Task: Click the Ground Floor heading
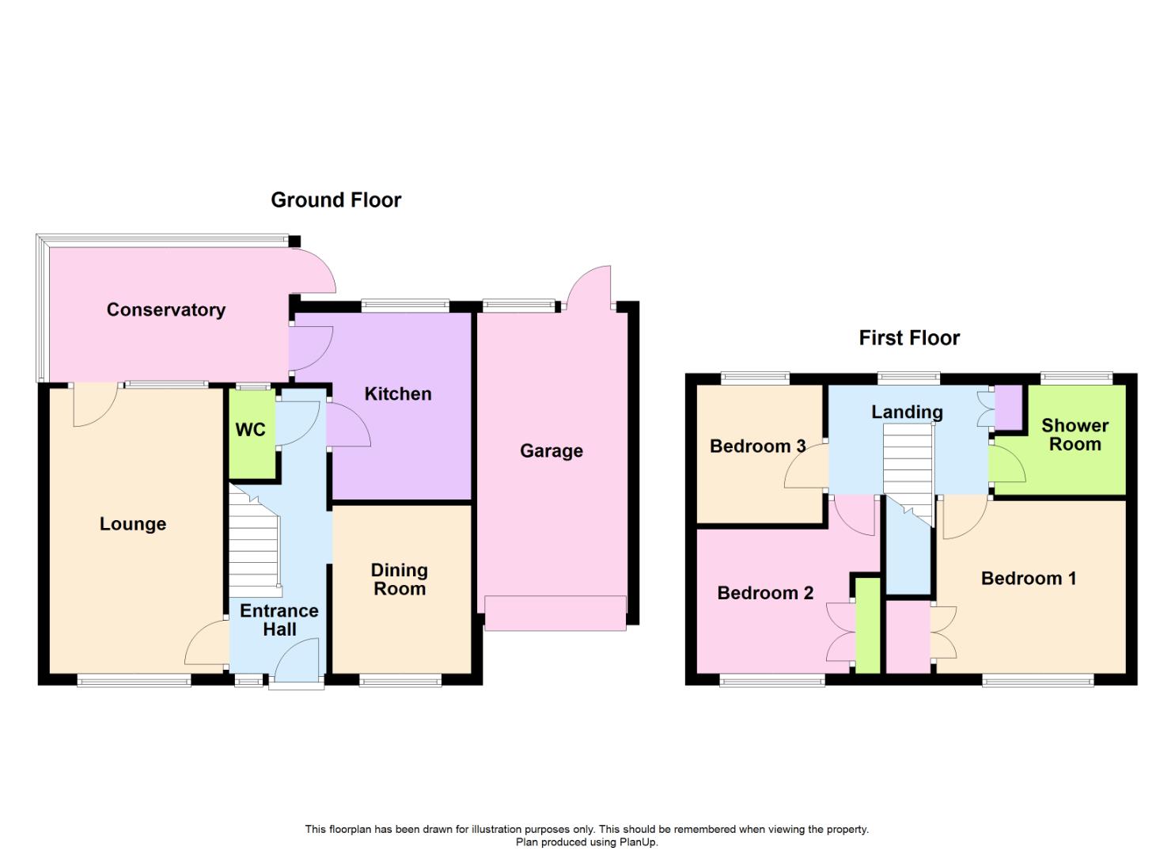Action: [335, 200]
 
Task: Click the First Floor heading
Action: [909, 338]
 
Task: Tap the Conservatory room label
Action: [166, 310]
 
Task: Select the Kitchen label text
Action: [398, 393]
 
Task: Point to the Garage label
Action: [551, 450]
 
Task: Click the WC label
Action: [251, 430]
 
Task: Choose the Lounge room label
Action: [133, 523]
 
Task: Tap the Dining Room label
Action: [400, 579]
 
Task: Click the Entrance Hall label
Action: [279, 620]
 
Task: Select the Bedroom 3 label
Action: [757, 446]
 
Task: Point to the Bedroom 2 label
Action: [765, 593]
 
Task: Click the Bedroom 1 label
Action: [1029, 578]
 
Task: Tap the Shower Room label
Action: [1075, 435]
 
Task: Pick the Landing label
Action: [907, 412]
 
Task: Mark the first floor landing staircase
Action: [908, 467]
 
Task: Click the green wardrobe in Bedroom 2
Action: [868, 625]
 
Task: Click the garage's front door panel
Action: [555, 613]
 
